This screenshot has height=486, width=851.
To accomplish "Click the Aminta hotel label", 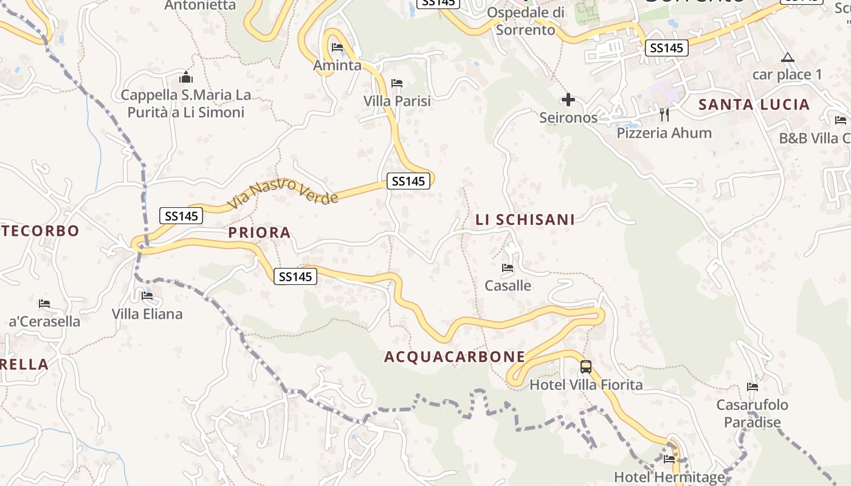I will (337, 66).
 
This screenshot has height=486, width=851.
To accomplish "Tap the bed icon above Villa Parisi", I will (397, 83).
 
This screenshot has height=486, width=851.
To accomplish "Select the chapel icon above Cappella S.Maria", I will (186, 78).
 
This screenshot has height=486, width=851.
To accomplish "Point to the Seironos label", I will (568, 118).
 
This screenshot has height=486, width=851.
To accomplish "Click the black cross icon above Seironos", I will (568, 100).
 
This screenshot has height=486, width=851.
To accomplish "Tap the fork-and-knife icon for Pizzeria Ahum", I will (664, 114).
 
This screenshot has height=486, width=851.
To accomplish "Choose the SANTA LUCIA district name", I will (754, 104).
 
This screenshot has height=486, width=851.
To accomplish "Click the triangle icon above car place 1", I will (788, 58).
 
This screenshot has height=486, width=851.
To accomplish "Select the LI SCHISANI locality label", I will (525, 220).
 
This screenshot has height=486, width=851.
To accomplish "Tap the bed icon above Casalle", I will (508, 268).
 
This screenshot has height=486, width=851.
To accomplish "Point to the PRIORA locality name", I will (260, 233).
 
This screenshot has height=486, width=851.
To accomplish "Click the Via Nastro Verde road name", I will (283, 193).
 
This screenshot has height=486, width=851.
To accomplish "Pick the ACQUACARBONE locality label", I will (455, 357).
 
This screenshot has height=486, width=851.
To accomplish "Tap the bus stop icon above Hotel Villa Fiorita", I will (586, 367).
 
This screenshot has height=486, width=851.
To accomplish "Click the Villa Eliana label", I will (147, 314).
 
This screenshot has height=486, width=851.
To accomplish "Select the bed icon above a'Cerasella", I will (44, 304).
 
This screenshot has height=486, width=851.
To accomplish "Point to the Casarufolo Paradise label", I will (752, 414).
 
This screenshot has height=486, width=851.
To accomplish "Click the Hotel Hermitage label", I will (669, 477).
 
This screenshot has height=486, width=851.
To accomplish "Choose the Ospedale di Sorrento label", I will (526, 21).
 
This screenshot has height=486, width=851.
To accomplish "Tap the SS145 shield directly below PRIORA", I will (295, 276).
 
